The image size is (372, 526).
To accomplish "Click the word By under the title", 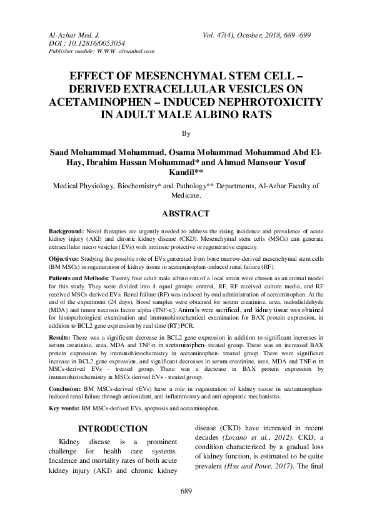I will (x=185, y=133).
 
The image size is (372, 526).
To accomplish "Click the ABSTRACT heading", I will (x=186, y=213).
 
